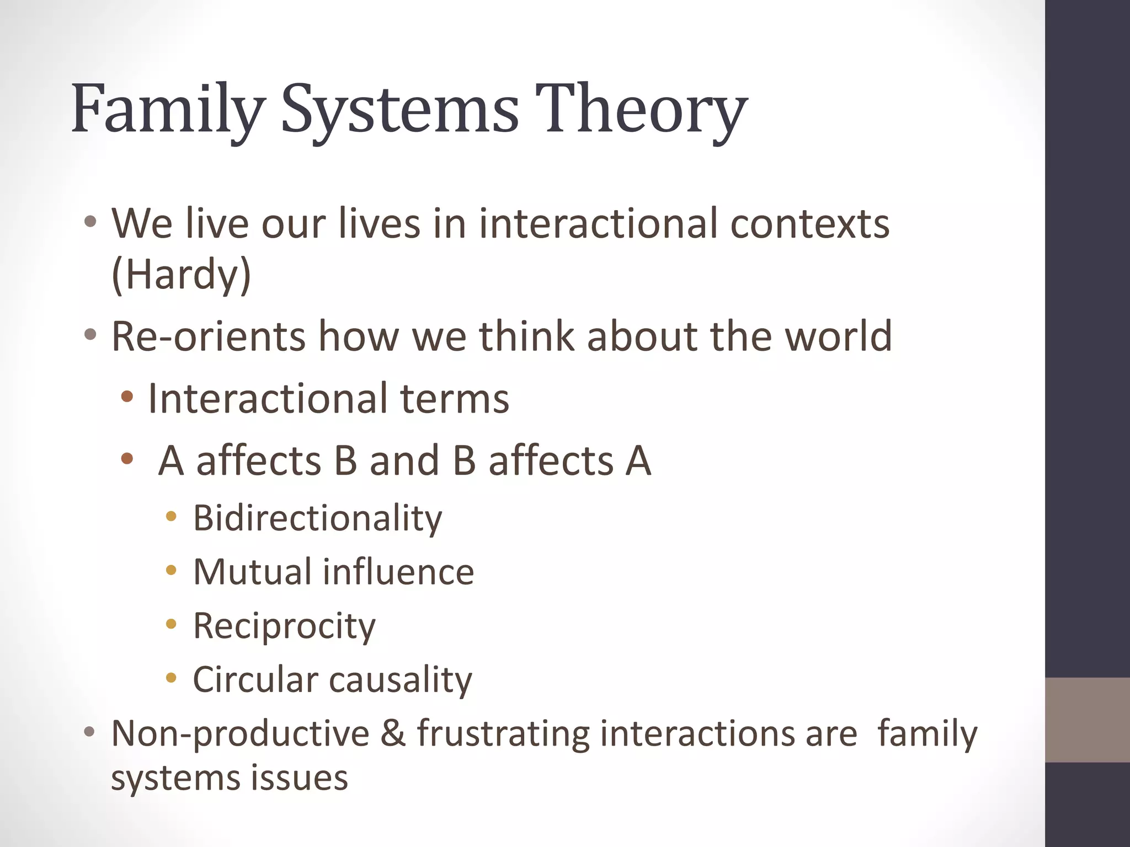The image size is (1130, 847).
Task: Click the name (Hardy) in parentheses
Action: click(x=181, y=274)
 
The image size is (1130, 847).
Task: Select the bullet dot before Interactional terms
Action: click(x=127, y=396)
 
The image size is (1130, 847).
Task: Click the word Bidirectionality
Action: click(x=317, y=518)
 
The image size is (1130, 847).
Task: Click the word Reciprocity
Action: click(x=284, y=626)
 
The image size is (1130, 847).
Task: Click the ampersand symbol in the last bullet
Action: click(x=392, y=734)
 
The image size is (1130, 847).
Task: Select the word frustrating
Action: click(x=502, y=734)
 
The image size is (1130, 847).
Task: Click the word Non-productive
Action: click(x=240, y=734)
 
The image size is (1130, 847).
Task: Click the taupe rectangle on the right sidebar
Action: click(x=1087, y=720)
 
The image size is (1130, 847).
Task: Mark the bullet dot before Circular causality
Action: click(x=171, y=678)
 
